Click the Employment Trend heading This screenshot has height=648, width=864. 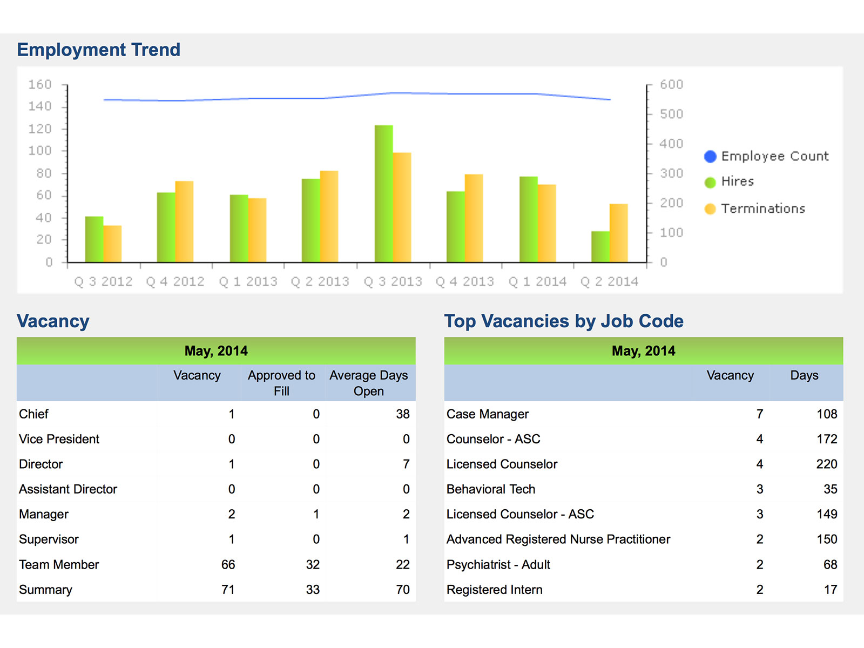point(98,50)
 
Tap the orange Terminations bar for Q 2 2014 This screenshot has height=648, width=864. point(618,233)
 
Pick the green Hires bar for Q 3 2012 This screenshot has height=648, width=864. point(94,239)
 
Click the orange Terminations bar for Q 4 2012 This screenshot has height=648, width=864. point(184,221)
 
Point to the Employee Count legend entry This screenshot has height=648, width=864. point(766,156)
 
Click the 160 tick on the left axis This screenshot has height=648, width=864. point(40,85)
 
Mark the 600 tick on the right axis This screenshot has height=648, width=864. point(671,85)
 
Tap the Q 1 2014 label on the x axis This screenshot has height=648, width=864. point(537,281)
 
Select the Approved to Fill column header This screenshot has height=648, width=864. point(281,383)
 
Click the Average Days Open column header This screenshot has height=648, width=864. point(369,383)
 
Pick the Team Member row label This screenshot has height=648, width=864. point(59,564)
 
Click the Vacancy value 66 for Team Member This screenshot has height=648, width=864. point(228,564)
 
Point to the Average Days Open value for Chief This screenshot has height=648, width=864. point(402,414)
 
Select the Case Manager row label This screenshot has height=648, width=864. point(488,414)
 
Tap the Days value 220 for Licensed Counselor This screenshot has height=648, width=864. point(826,464)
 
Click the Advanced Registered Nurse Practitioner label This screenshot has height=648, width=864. point(558,539)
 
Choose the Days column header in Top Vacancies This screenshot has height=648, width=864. point(804,375)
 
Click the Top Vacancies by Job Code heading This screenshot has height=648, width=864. point(564,321)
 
